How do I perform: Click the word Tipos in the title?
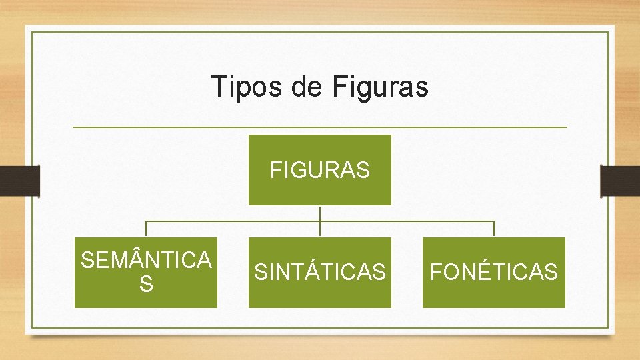coord(245,87)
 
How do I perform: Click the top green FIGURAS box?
coord(320,170)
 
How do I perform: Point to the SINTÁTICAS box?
coord(320,272)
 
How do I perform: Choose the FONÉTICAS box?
coord(494,272)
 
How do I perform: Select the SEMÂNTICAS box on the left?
coord(146,272)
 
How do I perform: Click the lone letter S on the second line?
coord(146,285)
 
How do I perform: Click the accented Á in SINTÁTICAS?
coord(314,271)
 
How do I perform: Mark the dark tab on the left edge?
coord(20,181)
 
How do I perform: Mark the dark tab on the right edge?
coord(620,181)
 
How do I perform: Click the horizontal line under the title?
coord(320,127)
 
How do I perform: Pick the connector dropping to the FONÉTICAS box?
coord(494,229)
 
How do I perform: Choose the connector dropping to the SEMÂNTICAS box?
coord(146,229)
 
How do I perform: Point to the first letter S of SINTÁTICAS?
coord(261,272)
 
